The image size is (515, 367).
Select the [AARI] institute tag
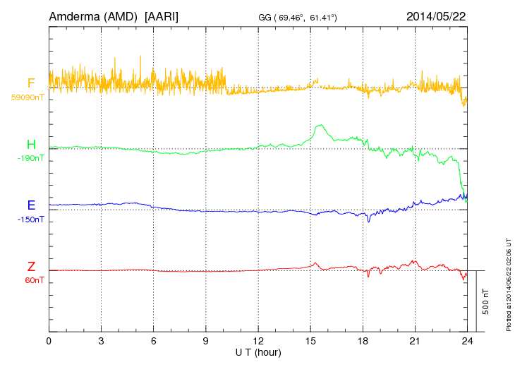click(161, 16)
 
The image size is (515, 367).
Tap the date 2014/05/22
click(436, 16)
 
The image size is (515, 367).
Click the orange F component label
click(31, 83)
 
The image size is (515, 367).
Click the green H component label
click(31, 145)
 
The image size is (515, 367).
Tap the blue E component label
click(31, 206)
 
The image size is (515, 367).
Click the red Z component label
click(31, 267)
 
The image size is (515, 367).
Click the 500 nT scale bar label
click(486, 301)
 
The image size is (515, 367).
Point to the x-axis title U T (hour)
click(258, 351)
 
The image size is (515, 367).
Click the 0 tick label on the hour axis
click(49, 341)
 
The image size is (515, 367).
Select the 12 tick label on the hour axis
click(258, 341)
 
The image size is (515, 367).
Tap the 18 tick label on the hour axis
click(363, 341)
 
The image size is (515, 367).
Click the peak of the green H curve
click(321, 125)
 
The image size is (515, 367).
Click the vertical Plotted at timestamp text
click(508, 284)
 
